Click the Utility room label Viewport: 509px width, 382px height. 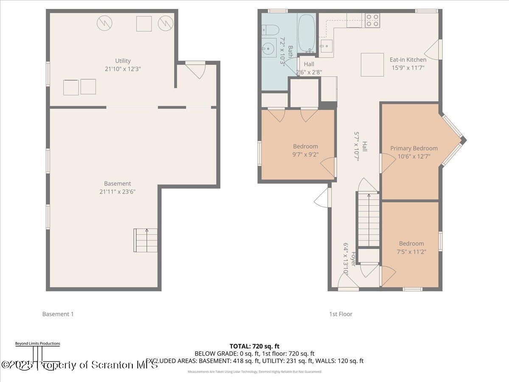click(123, 61)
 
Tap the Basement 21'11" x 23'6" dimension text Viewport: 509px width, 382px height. click(117, 191)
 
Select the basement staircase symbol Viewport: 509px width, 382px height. click(145, 240)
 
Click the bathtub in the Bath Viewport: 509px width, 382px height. click(305, 33)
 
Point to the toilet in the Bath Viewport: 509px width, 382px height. click(270, 30)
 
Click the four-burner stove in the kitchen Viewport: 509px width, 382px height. click(372, 20)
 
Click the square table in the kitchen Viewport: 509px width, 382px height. click(372, 65)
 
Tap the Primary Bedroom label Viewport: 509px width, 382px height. click(414, 148)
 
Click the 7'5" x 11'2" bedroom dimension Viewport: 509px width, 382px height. click(411, 251)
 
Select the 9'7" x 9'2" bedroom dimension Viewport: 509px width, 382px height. click(305, 154)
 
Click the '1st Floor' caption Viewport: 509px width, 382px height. click(341, 314)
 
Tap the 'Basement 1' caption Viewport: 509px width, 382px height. click(58, 314)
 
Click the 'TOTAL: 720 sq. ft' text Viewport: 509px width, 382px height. click(255, 346)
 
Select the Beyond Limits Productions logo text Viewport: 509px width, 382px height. click(37, 343)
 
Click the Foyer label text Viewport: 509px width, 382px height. click(353, 259)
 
